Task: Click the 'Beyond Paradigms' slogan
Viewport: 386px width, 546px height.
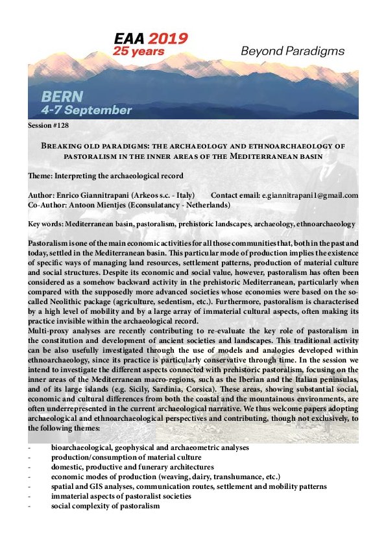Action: [x=292, y=51]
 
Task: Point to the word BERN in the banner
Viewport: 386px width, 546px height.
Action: [x=62, y=97]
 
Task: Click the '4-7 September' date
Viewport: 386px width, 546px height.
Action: [x=88, y=110]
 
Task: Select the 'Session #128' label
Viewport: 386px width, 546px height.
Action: [x=49, y=124]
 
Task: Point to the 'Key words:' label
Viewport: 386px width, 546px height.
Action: [x=45, y=224]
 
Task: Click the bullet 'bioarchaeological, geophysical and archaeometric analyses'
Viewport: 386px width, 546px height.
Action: [x=149, y=448]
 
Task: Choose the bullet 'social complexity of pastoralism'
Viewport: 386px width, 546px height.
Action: [x=105, y=506]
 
